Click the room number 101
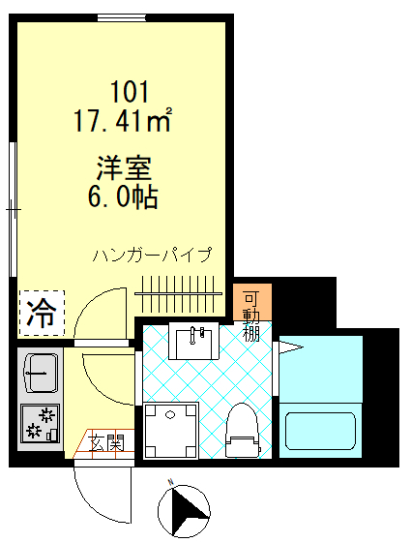point(129,93)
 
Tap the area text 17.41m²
point(123,122)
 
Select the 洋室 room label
point(123,167)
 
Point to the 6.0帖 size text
point(123,197)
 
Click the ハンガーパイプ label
point(151,256)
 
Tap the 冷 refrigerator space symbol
point(41,313)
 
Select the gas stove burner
point(40,422)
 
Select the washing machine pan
point(170,429)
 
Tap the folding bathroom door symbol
point(287,346)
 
